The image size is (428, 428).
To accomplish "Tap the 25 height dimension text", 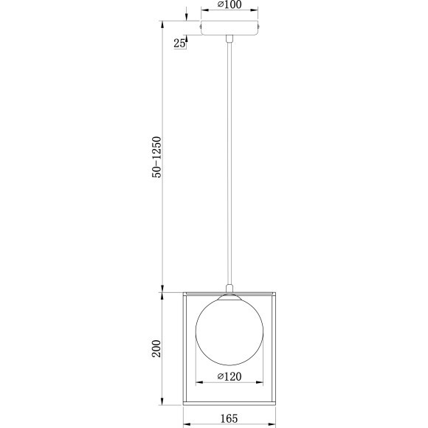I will pyautogui.click(x=179, y=44).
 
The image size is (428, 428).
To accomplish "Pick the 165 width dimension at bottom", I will pyautogui.click(x=229, y=418).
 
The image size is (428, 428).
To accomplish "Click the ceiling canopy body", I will pyautogui.click(x=231, y=29).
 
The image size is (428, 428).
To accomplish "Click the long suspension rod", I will pyautogui.click(x=231, y=162).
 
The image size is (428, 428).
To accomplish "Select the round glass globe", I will pyautogui.click(x=229, y=330).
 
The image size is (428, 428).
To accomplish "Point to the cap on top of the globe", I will pyautogui.click(x=230, y=296).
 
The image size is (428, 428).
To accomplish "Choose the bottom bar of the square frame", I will pyautogui.click(x=229, y=403).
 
